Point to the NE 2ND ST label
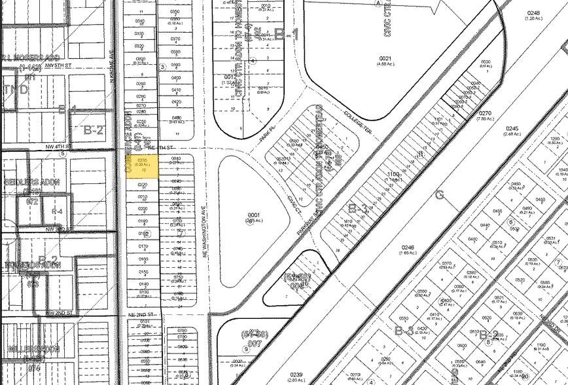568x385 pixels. pos(145,315)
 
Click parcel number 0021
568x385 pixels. pos(385,59)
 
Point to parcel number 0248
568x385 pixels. pos(534,13)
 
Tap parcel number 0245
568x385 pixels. pos(512,128)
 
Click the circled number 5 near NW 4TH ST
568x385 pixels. pos(62,154)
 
